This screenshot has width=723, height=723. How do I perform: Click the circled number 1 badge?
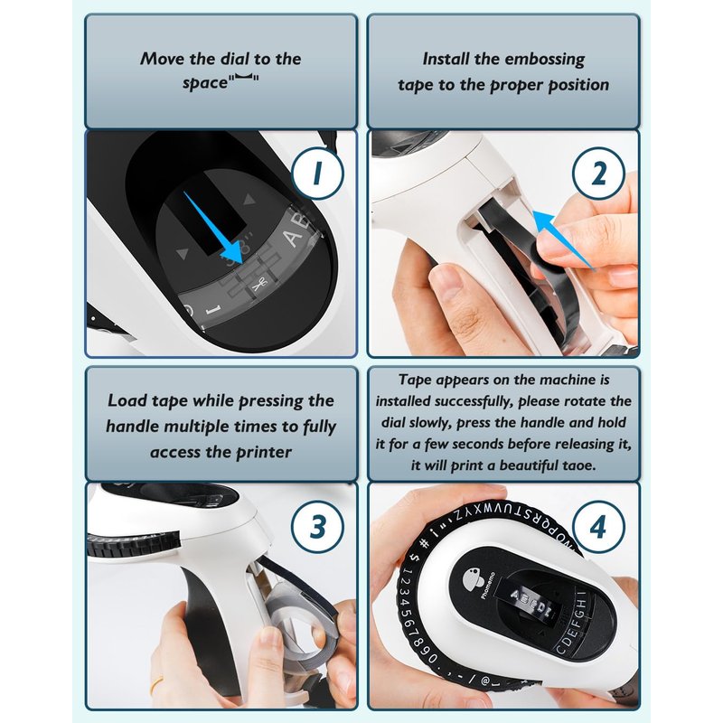pyautogui.click(x=318, y=174)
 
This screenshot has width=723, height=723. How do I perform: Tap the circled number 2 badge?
pyautogui.click(x=598, y=174)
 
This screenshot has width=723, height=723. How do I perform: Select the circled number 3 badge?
pyautogui.click(x=318, y=527)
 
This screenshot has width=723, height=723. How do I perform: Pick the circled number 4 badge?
pyautogui.click(x=598, y=527)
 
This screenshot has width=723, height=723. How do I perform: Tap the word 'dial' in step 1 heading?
pyautogui.click(x=235, y=59)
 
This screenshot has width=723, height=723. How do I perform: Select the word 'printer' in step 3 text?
pyautogui.click(x=264, y=453)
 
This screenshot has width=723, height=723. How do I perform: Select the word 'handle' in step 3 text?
pyautogui.click(x=133, y=427)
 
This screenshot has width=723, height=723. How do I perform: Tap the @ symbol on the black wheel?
pyautogui.click(x=485, y=680)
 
